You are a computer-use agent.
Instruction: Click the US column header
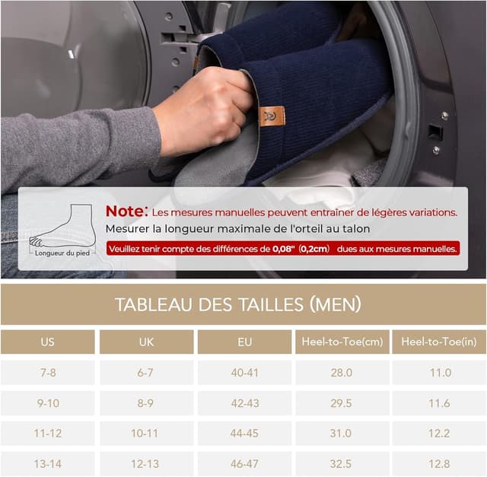[x=47, y=342]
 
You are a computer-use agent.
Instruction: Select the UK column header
[x=146, y=342]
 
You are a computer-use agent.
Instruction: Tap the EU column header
[x=245, y=342]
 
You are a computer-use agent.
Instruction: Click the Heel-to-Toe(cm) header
[x=342, y=342]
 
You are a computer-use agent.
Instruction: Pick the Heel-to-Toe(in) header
[x=438, y=342]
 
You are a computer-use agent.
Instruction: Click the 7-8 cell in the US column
[x=47, y=373]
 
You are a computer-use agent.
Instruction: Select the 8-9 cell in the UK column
[x=146, y=403]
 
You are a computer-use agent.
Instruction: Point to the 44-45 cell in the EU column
[x=245, y=433]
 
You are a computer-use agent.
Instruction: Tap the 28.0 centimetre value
[x=342, y=373]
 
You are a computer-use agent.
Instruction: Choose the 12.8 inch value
[x=438, y=463]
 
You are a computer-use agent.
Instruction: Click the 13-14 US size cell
[x=47, y=463]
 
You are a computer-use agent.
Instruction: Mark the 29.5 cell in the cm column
[x=342, y=403]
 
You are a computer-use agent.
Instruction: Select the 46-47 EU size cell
[x=245, y=463]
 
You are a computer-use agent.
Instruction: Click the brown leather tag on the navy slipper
[x=272, y=115]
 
